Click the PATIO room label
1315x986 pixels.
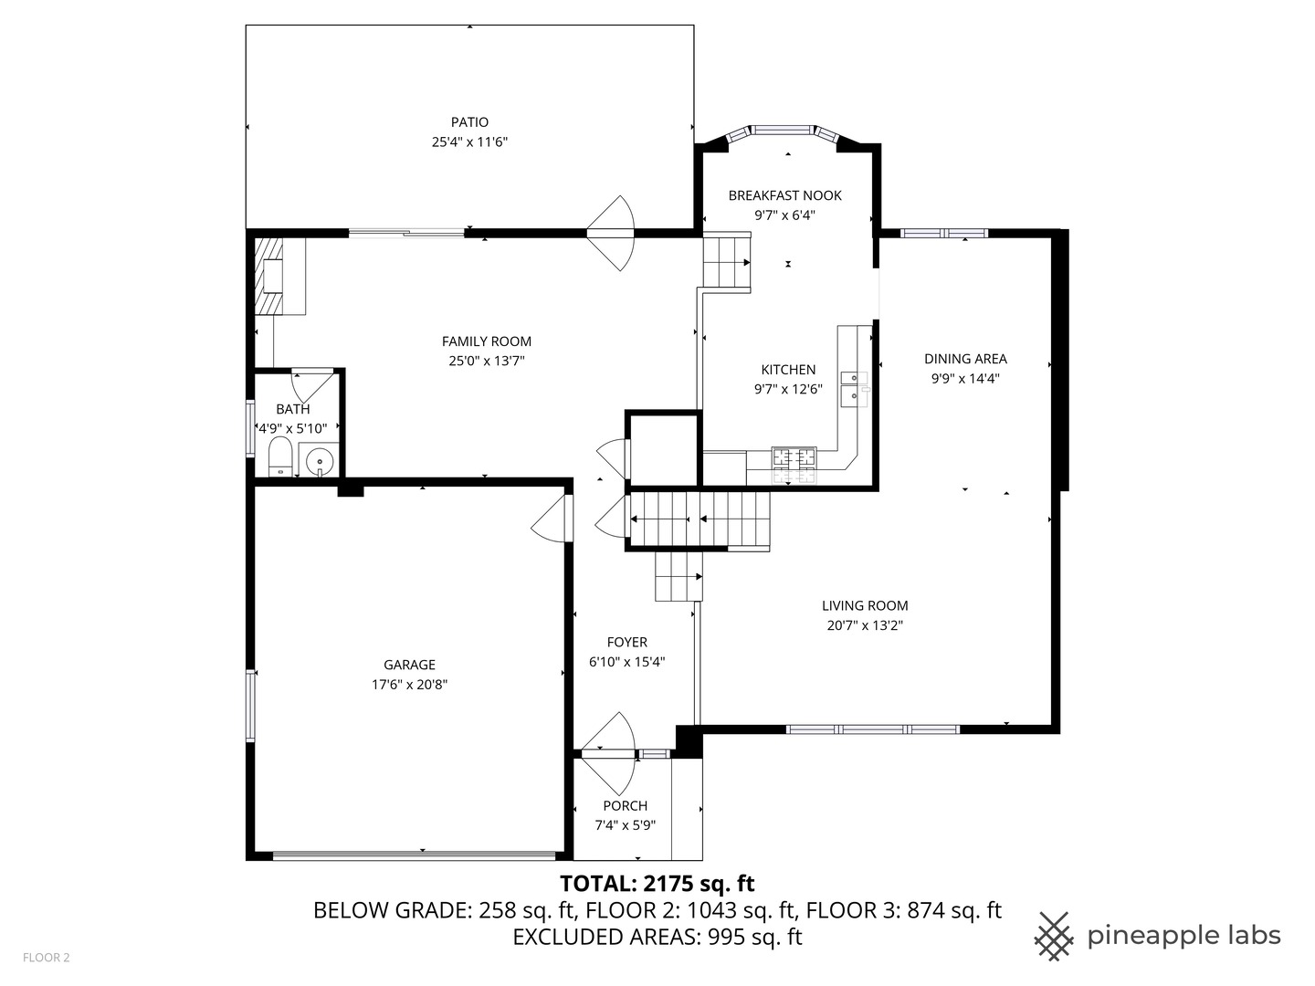[x=469, y=122]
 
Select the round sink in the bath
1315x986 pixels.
[x=321, y=461]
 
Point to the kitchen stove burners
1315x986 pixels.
[x=794, y=464]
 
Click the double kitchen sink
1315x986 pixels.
[x=854, y=387]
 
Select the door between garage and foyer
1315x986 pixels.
[x=552, y=520]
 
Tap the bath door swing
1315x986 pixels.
[x=312, y=383]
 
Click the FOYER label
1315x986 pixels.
[x=626, y=643]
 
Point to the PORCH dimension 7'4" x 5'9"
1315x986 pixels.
[x=626, y=825]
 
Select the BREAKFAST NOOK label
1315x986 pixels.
[x=784, y=195]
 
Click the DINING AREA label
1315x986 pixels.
[x=965, y=359]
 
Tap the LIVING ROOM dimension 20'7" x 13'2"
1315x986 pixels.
[x=865, y=625]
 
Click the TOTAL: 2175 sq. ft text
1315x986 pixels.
[x=657, y=884]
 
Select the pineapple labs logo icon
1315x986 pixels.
[x=1054, y=936]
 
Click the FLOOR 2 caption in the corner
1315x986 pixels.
[x=47, y=958]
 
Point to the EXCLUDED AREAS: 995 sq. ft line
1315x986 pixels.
[x=657, y=938]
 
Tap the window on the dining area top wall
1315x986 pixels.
[x=943, y=234]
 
